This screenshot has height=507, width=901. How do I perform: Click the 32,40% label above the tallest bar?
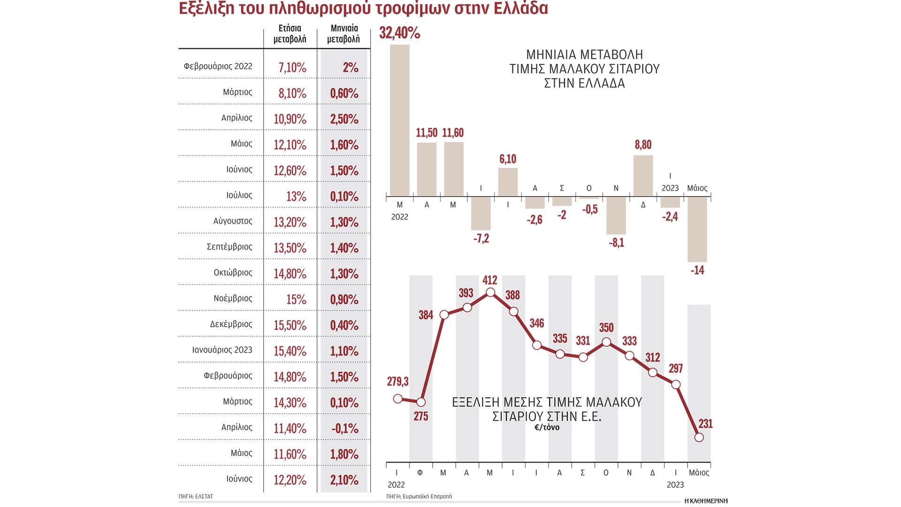(x=399, y=33)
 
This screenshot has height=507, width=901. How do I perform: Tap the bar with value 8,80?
(x=643, y=176)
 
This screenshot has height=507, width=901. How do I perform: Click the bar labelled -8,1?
(x=616, y=215)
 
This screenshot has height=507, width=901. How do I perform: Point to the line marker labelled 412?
(x=490, y=292)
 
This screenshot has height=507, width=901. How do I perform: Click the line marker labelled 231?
(x=699, y=438)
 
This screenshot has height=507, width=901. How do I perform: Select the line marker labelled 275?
(x=421, y=402)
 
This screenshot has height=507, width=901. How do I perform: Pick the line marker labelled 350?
(x=606, y=342)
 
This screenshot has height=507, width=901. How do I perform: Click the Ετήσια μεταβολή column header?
(x=290, y=34)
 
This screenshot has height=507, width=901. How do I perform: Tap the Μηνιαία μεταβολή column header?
(x=344, y=34)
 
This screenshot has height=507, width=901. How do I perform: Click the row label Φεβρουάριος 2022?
(x=218, y=66)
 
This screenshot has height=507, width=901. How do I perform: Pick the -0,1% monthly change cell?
(x=345, y=429)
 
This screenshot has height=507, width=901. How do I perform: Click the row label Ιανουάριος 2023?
(x=222, y=350)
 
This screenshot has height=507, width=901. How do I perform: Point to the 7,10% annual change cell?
(x=292, y=68)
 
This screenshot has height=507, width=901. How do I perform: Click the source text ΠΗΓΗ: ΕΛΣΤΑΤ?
(x=196, y=496)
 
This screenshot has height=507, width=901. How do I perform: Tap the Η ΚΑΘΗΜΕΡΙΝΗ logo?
(x=706, y=501)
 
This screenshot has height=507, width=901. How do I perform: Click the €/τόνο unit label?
(x=547, y=428)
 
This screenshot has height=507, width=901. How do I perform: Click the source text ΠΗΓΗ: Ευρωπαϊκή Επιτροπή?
(x=419, y=496)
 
